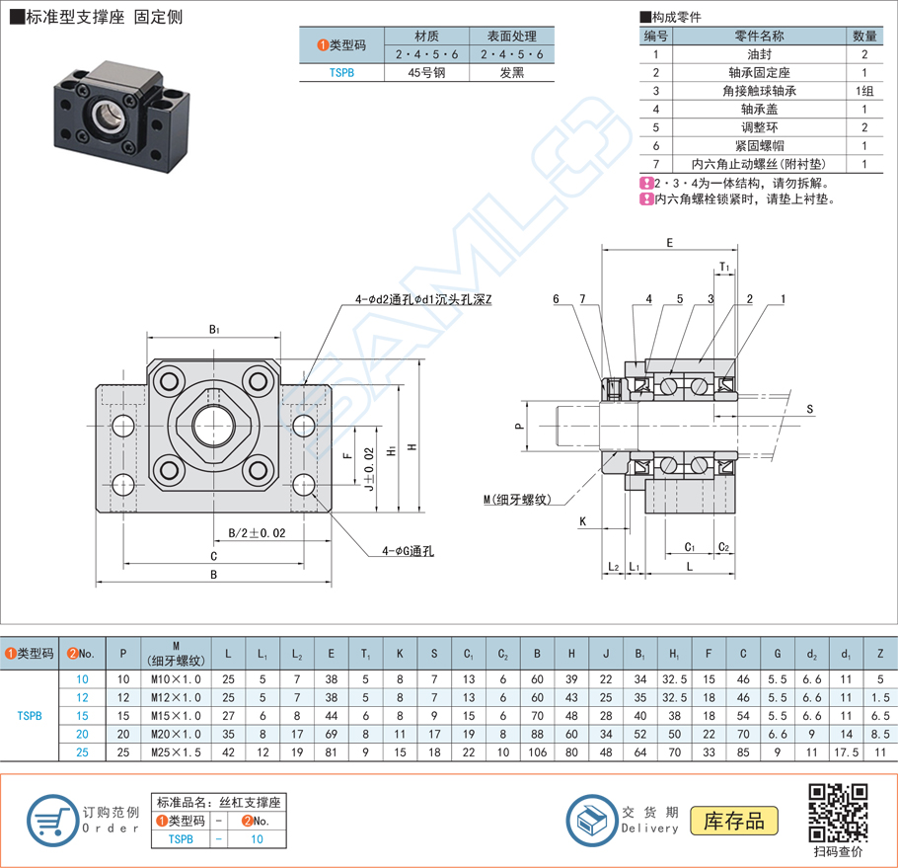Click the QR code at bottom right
(838, 811)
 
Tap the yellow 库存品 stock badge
(740, 820)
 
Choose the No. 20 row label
(83, 734)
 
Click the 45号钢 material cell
(427, 72)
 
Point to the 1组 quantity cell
(864, 91)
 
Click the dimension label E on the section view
(669, 242)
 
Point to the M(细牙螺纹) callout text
(523, 501)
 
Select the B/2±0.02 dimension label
(257, 533)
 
